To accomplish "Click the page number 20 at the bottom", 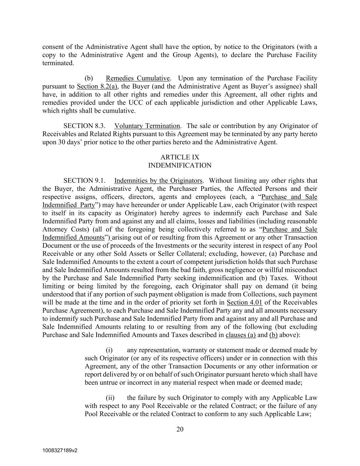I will coord(180,429).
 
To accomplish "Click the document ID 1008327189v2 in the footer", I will coord(60,450).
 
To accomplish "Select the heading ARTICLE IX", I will coord(180,157).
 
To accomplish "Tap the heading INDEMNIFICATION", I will coord(180,166).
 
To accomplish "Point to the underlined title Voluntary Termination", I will coord(147,126).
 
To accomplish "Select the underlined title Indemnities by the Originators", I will coord(158,181).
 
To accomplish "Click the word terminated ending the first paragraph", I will coord(58,63).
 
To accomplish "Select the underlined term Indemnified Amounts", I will coord(73,238).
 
